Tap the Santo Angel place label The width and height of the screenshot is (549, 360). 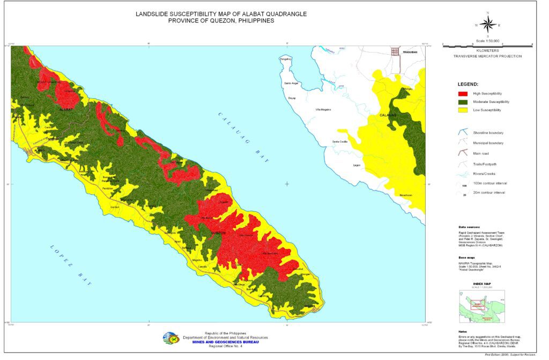[x=291, y=84]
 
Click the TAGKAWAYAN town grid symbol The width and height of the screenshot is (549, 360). [x=395, y=52]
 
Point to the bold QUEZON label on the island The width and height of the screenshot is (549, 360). [x=214, y=233]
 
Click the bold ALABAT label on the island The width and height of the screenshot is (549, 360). [x=65, y=108]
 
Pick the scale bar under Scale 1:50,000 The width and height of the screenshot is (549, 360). [x=487, y=46]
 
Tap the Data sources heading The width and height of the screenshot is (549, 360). [x=469, y=227]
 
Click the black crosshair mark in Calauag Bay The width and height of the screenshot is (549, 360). [x=287, y=184]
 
